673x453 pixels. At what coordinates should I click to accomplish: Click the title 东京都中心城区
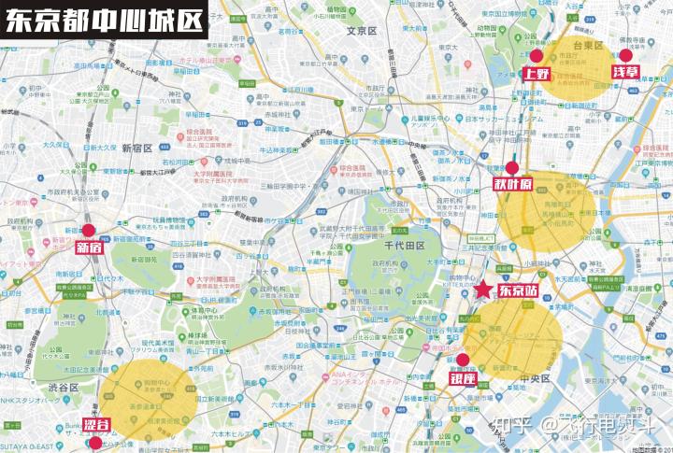point(105,21)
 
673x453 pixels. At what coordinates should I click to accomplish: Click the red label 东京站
point(518,290)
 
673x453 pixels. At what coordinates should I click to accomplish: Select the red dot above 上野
point(536,56)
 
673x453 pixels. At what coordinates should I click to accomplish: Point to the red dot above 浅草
point(625,55)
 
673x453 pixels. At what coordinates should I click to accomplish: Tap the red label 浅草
point(625,72)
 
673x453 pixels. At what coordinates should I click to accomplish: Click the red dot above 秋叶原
point(511,168)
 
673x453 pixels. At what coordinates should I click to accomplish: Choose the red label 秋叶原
point(512,184)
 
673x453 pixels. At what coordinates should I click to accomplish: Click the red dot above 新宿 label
point(89,230)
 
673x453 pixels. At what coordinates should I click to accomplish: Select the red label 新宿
point(89,248)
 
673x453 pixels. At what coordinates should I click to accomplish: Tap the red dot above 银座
point(462,360)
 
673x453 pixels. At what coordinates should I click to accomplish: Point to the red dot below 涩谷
point(95,443)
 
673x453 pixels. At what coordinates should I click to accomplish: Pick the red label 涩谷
point(95,426)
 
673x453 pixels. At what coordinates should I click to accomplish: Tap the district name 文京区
point(360,31)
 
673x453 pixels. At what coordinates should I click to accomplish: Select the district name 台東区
point(588,44)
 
